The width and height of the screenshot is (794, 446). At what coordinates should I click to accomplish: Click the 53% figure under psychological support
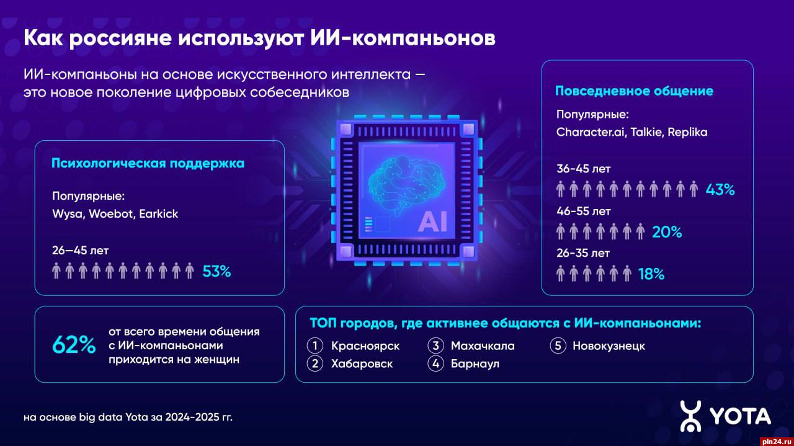click(x=216, y=271)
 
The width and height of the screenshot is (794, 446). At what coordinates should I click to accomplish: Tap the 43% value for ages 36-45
click(x=720, y=190)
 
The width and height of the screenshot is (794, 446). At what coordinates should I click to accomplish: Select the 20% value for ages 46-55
click(x=667, y=232)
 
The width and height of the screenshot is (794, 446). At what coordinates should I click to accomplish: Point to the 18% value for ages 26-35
click(x=651, y=274)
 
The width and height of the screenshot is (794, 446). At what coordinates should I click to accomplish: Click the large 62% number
click(x=74, y=345)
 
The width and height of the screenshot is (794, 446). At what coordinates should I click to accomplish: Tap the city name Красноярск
click(x=365, y=346)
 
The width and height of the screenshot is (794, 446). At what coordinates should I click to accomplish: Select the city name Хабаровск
click(x=362, y=363)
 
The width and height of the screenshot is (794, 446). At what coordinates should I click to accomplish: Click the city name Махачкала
click(x=483, y=346)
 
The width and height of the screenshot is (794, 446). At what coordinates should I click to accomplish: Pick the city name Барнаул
click(x=475, y=363)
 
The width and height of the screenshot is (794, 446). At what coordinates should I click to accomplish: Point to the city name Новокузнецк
click(x=609, y=346)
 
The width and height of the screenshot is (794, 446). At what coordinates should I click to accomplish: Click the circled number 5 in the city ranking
click(x=558, y=346)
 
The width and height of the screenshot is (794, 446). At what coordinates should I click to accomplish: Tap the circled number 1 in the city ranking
click(x=314, y=346)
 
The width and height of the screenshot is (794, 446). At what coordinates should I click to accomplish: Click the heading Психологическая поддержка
click(x=148, y=163)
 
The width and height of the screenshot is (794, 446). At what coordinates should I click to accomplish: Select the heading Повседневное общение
click(x=634, y=91)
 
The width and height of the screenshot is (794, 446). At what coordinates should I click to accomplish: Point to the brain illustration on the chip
click(x=406, y=185)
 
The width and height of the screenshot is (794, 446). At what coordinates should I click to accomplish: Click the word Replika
click(x=687, y=133)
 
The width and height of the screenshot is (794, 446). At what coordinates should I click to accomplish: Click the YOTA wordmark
click(x=741, y=416)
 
